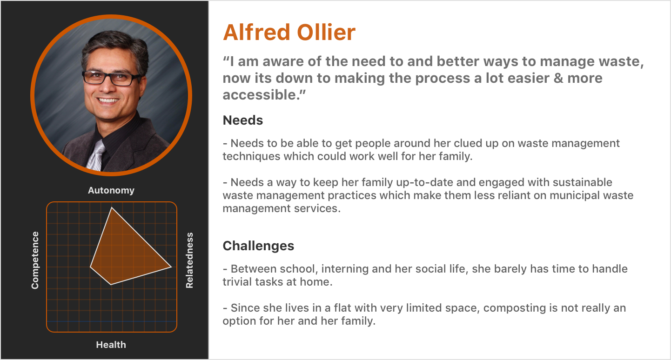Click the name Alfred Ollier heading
tap(289, 32)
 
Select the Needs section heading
tap(242, 120)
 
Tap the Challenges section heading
tap(258, 246)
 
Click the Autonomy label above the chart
tap(111, 190)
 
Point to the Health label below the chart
tap(111, 345)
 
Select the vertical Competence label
tap(35, 260)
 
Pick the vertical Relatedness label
tap(189, 260)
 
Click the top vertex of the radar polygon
tap(112, 207)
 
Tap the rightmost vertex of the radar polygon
tap(171, 267)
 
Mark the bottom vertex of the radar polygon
tap(111, 285)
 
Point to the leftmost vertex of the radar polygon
tap(90, 267)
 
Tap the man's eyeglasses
tap(111, 77)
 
